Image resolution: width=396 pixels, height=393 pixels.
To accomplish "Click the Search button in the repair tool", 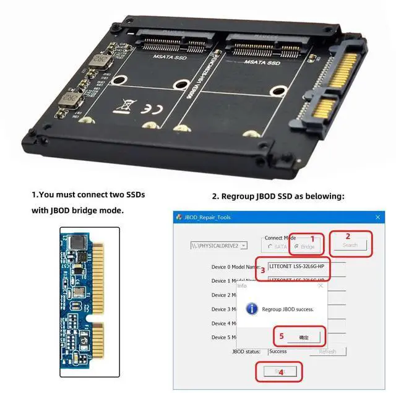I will pos(350,245).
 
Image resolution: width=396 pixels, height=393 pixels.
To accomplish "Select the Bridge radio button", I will pos(296,247).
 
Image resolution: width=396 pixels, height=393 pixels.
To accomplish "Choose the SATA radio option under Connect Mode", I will pos(270,247).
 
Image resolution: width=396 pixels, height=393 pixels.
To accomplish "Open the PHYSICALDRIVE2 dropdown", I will pos(243,245).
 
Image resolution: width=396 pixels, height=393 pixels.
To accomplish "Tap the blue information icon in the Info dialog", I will pos(252,308).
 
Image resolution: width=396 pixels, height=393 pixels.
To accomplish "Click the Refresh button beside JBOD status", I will pos(327,352).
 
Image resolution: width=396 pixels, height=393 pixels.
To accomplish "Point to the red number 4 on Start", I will pos(281,373).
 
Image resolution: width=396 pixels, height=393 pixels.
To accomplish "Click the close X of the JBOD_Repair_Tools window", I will pos(379,217).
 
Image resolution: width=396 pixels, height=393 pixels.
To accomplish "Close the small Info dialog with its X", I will pos(320,286).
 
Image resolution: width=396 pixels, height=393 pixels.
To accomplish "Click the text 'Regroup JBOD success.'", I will pos(287,309).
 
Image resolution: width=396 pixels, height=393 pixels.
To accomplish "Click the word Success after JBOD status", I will pos(278,352).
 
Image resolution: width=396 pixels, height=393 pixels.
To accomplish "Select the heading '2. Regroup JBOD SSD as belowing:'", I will pos(278,196).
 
